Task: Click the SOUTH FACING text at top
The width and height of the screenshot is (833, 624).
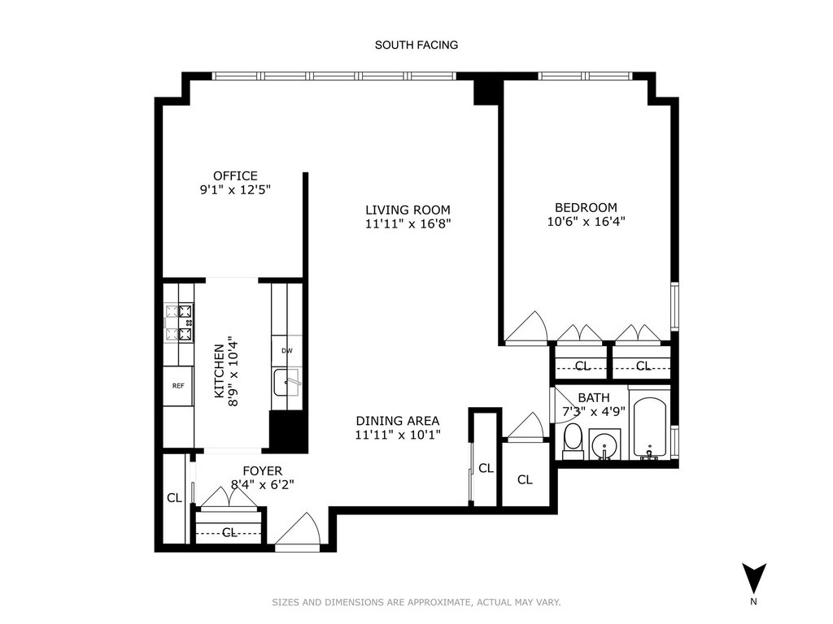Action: (416, 45)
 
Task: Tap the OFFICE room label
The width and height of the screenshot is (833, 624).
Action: (235, 175)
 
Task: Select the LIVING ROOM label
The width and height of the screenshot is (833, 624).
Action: (408, 210)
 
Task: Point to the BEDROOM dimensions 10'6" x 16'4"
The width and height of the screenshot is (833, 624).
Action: (586, 221)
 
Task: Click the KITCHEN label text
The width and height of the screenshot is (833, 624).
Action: (219, 370)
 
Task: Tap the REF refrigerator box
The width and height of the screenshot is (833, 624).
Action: (178, 386)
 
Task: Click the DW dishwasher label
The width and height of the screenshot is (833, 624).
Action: (287, 351)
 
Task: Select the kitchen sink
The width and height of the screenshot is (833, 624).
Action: (287, 382)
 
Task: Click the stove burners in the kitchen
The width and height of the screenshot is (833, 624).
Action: (178, 323)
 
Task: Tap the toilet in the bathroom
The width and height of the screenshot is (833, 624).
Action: (573, 441)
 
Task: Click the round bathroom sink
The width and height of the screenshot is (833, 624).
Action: (604, 444)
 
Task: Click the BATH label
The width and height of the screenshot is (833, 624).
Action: (593, 397)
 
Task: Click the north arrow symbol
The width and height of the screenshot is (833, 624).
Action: (754, 578)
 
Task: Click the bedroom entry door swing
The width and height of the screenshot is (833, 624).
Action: (526, 327)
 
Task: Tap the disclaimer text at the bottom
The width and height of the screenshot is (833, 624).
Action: (416, 602)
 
